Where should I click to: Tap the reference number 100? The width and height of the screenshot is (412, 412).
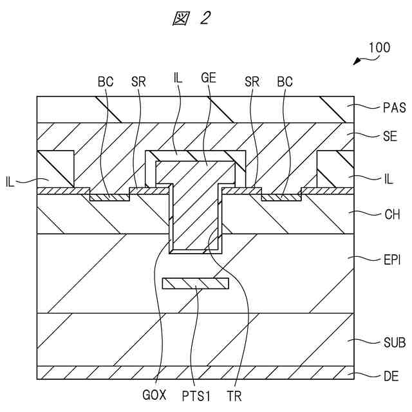(379, 48)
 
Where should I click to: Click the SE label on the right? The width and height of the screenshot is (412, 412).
(388, 136)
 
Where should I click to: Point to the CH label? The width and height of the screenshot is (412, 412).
(388, 215)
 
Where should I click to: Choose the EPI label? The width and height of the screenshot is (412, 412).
(389, 259)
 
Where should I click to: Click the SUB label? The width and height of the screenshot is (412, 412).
(391, 342)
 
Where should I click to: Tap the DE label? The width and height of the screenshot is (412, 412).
(388, 373)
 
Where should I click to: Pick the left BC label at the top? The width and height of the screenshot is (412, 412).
(105, 83)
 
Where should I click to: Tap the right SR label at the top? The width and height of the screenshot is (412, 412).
(252, 83)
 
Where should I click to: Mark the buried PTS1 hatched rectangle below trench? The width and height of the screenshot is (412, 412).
(196, 283)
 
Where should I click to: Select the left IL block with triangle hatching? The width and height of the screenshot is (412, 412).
(57, 169)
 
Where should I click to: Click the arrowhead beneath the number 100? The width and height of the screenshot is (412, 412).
(357, 62)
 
